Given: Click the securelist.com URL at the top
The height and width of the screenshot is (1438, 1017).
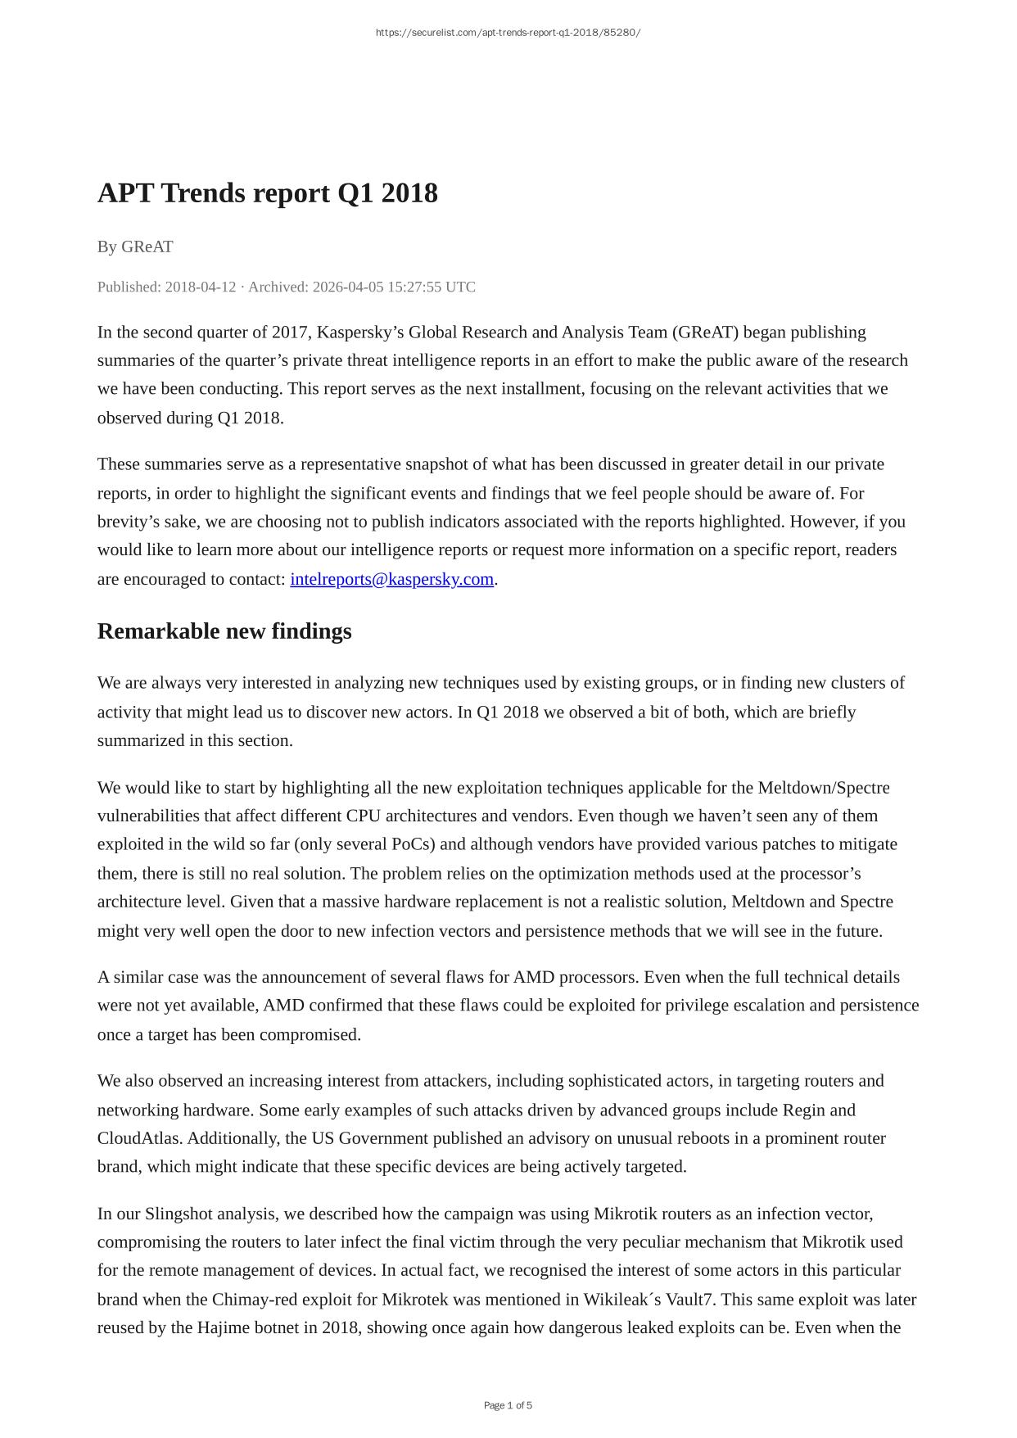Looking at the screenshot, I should coord(508,33).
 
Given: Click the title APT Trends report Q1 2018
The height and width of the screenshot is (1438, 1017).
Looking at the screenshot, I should coord(267,193).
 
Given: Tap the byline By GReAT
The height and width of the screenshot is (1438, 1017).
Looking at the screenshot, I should coord(135,246).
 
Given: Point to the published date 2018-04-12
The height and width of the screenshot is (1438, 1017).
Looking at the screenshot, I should coord(201,287).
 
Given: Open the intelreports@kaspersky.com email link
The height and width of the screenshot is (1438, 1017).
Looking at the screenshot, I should coord(391,579).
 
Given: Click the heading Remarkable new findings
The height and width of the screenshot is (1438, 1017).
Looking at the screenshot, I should coord(224,631).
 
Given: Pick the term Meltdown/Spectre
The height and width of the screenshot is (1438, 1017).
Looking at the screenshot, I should coord(823,788).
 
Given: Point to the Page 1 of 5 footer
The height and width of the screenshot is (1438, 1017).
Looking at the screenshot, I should coord(508,1405).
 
